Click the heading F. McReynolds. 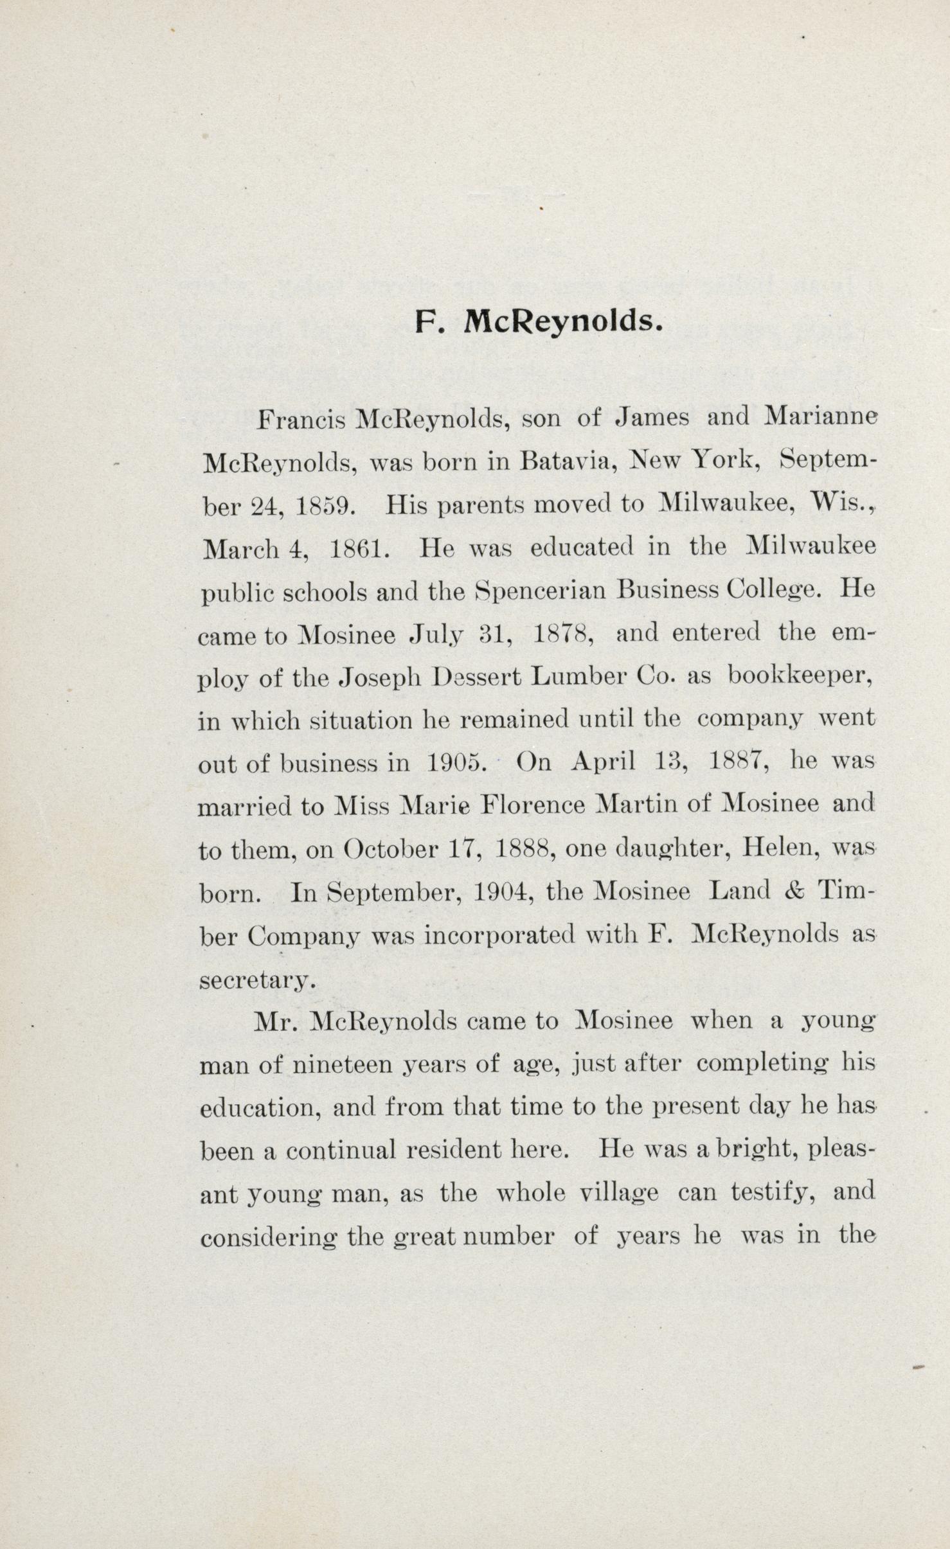(x=539, y=321)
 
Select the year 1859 (x=325, y=506)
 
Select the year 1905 (x=456, y=764)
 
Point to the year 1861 (x=359, y=549)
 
